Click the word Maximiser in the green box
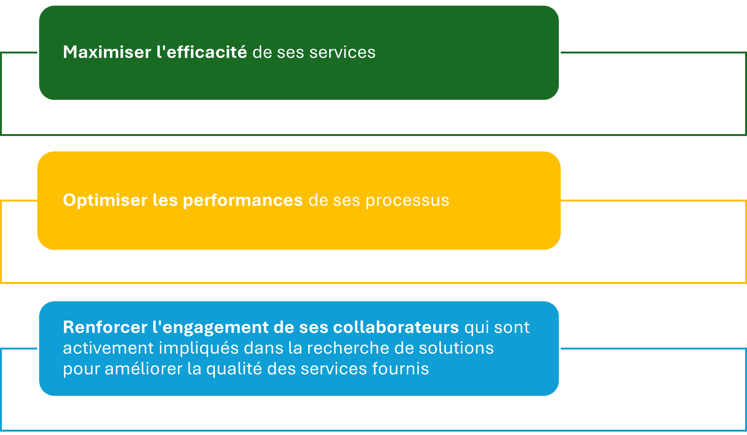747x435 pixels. (x=107, y=52)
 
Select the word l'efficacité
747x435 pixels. (x=202, y=52)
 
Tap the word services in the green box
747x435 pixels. (x=342, y=52)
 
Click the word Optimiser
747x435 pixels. (x=105, y=200)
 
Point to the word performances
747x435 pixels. (x=243, y=200)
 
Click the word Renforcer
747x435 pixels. (x=105, y=327)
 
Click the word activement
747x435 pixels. (x=108, y=348)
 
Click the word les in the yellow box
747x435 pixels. (x=165, y=200)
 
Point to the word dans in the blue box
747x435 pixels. (x=264, y=348)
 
